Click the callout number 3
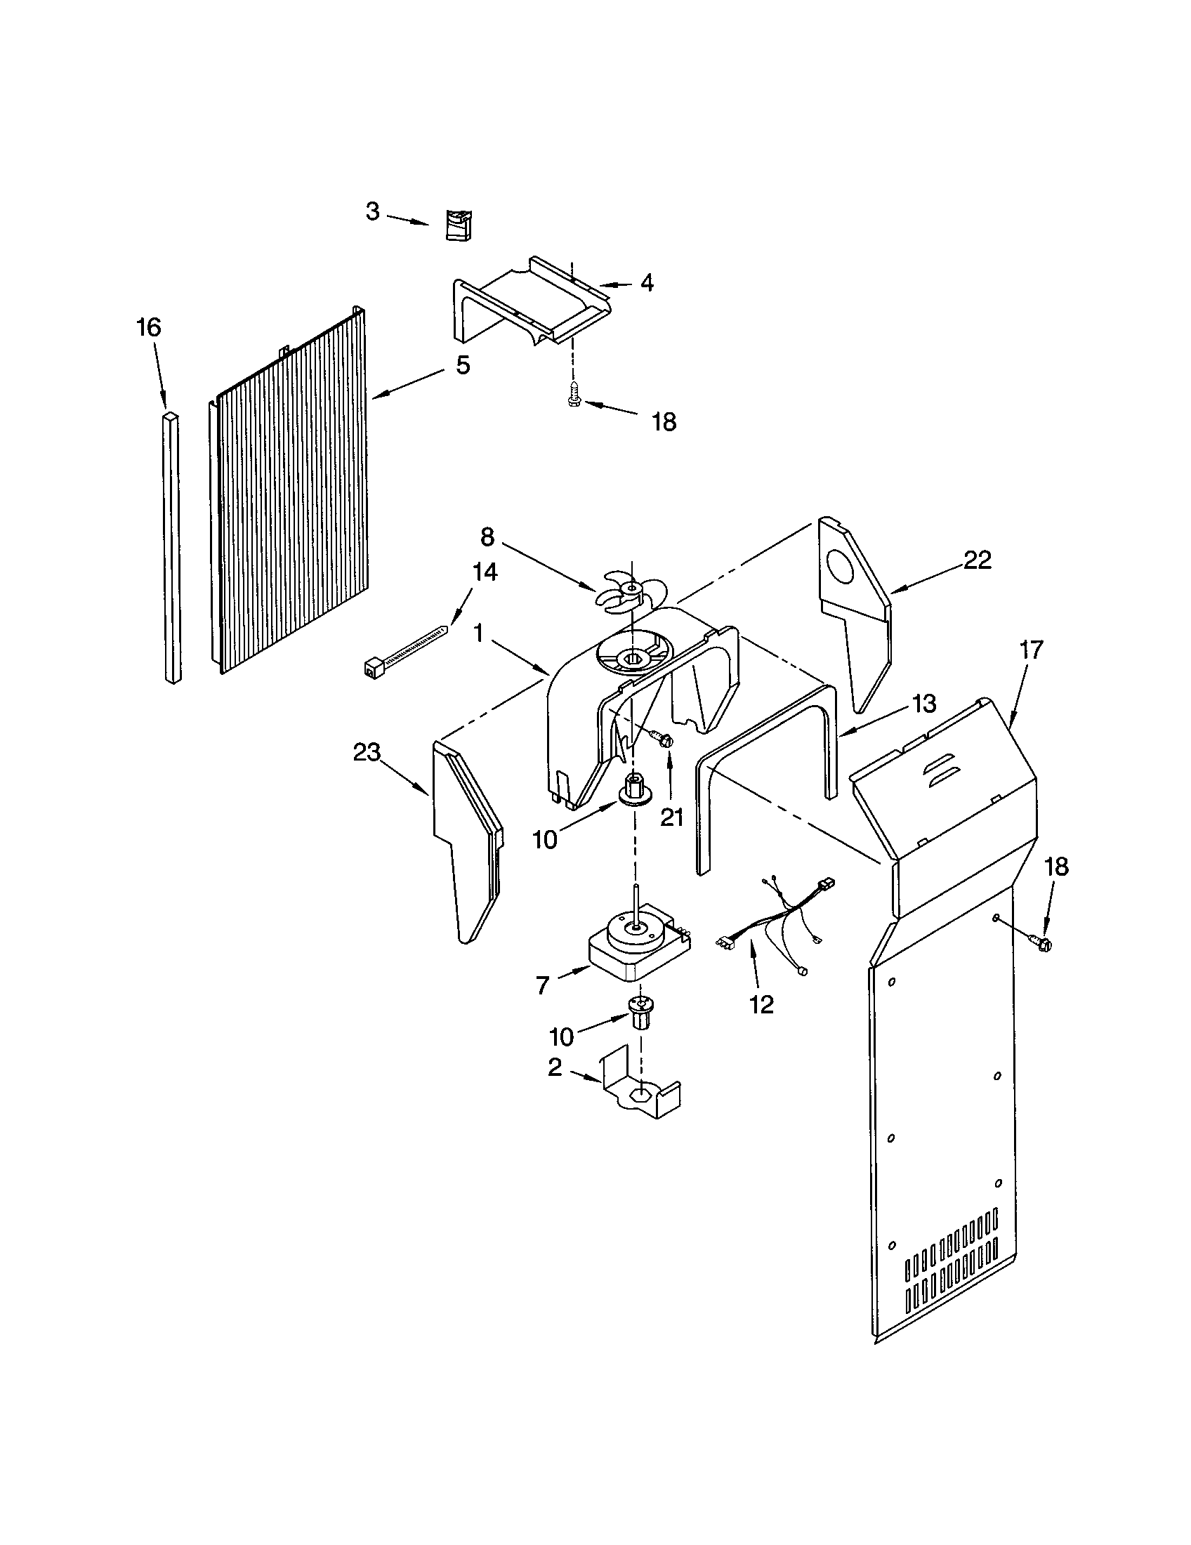point(372,211)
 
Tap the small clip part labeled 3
point(459,225)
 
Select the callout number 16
point(148,327)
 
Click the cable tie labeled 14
point(404,645)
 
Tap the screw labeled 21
point(662,739)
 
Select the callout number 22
point(978,560)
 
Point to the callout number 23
point(367,752)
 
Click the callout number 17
point(1031,650)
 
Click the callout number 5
point(462,365)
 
